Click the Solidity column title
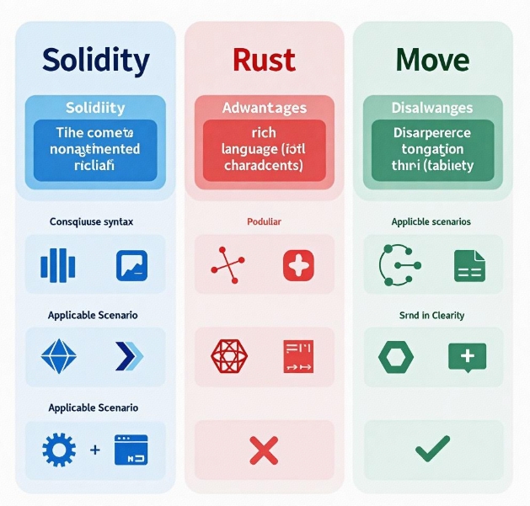(x=95, y=60)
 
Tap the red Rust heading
(x=264, y=60)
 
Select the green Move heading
(x=431, y=60)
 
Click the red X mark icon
(x=264, y=450)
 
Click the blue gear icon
(x=58, y=450)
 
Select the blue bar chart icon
(x=58, y=264)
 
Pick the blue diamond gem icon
(x=58, y=357)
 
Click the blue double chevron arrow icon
(x=130, y=357)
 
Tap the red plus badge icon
(x=297, y=264)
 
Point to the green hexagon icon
(x=395, y=357)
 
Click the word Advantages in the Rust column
(x=264, y=108)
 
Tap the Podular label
(x=264, y=221)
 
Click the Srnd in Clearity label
(x=431, y=315)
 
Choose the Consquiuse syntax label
(x=91, y=221)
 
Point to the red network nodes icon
(x=227, y=264)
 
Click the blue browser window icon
(x=131, y=450)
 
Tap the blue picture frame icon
(x=131, y=264)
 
